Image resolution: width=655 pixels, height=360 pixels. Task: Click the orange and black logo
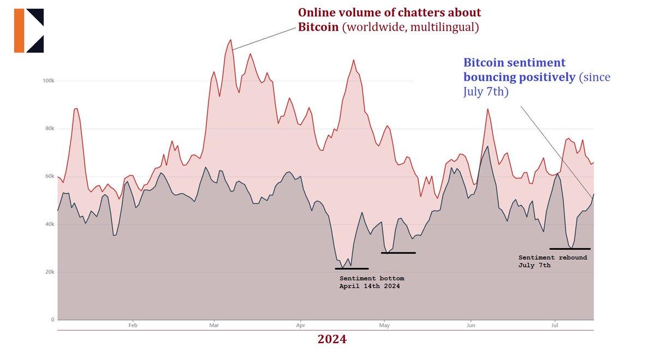pos(29,31)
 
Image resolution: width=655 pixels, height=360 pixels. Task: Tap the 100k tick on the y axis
pos(48,81)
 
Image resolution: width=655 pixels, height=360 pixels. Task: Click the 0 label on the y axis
pos(52,320)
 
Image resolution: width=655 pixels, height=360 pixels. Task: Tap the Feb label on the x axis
pos(133,325)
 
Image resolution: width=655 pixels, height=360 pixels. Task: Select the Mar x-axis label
pos(214,325)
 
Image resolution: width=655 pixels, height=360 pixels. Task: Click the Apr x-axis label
pos(300,325)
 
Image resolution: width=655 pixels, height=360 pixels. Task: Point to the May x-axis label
pos(384,325)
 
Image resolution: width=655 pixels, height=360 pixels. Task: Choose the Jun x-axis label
pos(470,325)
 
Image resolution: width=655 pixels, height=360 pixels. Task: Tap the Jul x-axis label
pos(555,325)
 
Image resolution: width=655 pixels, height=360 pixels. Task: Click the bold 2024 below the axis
pos(332,340)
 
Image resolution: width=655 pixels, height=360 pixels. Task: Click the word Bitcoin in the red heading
pos(318,27)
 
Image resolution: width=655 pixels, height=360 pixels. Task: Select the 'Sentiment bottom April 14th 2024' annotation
pos(372,282)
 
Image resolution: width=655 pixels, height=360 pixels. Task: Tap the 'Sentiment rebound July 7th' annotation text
pos(552,261)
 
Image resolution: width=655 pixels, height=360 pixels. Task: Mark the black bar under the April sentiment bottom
pos(352,268)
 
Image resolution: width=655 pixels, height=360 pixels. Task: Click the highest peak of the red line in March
pos(231,40)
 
